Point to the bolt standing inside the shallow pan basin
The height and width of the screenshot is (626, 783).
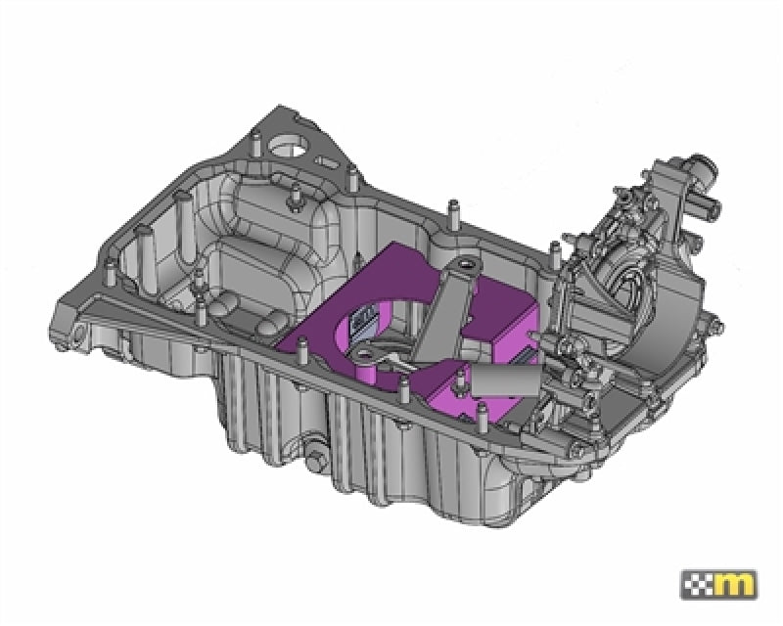point(293,201)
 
